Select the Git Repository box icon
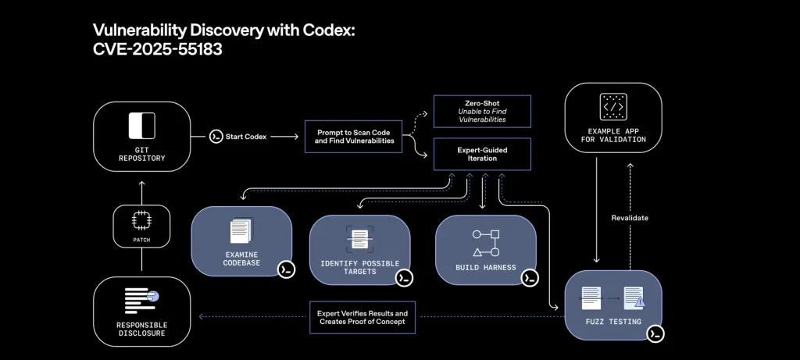pos(142,126)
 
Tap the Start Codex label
pos(245,137)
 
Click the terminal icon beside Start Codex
pos(216,137)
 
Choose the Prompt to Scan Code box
pos(354,136)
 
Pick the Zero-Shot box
pos(481,109)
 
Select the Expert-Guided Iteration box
pos(481,153)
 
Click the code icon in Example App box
pos(612,106)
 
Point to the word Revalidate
pos(630,218)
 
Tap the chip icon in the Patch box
pos(141,220)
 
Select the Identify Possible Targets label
pos(359,266)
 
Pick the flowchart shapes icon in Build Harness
pos(485,241)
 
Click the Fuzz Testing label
pos(612,321)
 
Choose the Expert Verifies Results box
pos(362,317)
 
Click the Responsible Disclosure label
pos(141,329)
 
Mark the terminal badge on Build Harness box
pos(530,277)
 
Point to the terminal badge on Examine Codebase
pos(286,269)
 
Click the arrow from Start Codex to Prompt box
pos(284,137)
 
